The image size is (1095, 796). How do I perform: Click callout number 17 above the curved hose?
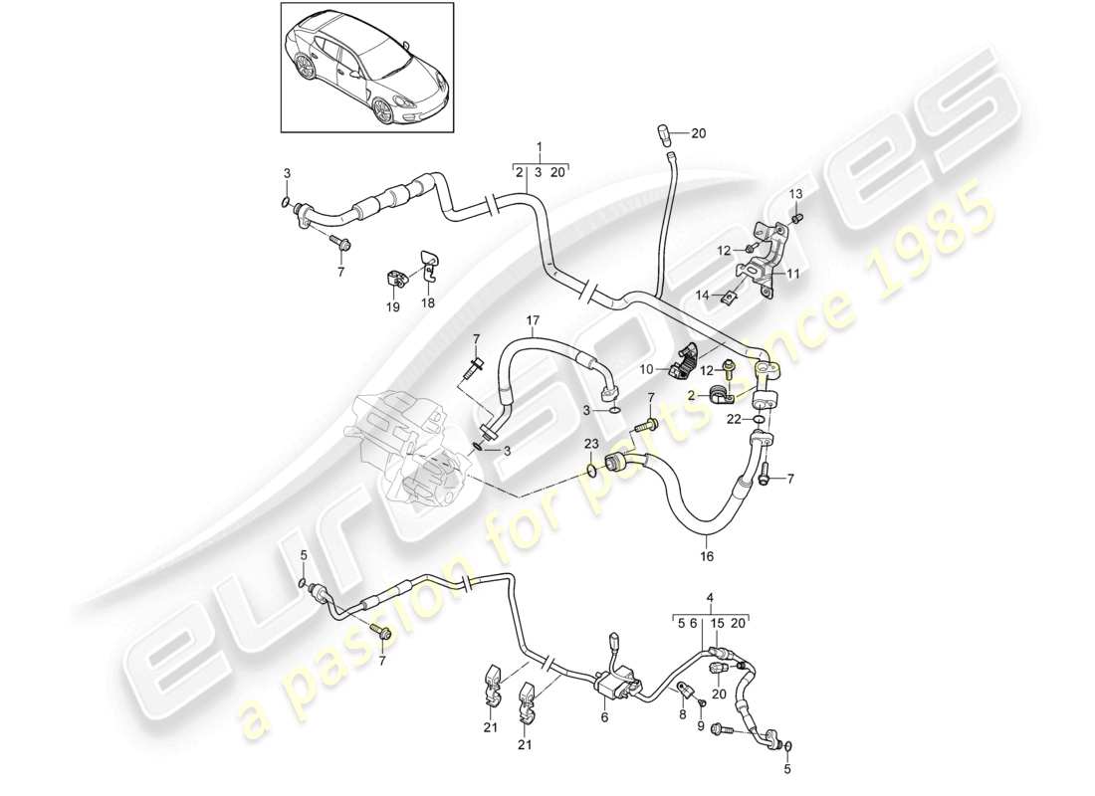533,320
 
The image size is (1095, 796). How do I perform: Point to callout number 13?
795,192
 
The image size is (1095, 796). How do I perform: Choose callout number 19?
393,307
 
